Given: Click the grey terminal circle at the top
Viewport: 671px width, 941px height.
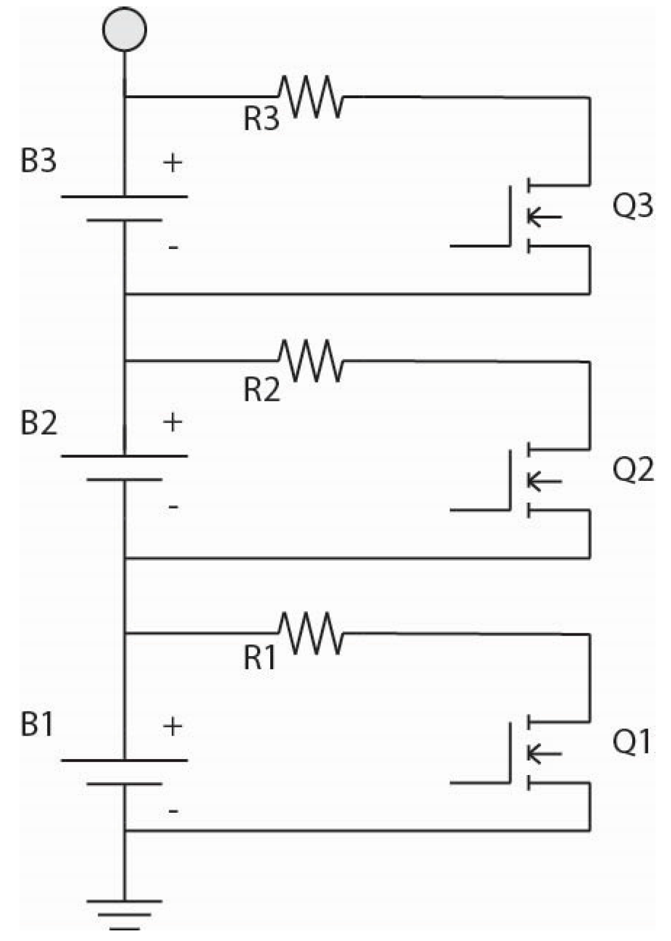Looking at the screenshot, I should tap(124, 29).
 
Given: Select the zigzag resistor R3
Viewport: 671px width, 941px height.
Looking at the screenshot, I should tap(310, 97).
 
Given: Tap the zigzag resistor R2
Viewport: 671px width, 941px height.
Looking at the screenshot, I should tap(310, 361).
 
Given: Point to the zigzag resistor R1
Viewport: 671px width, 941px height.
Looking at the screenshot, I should tap(310, 634).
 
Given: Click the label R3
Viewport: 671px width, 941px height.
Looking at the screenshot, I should tap(261, 119).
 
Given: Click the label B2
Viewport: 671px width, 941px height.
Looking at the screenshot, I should tap(39, 423).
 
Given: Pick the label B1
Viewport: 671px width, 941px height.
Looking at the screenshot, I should tap(38, 724).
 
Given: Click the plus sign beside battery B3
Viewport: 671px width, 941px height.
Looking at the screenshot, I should tap(172, 162).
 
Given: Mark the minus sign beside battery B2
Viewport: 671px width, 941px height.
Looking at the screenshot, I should tap(173, 506).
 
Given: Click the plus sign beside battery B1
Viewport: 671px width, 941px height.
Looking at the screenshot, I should tap(172, 727).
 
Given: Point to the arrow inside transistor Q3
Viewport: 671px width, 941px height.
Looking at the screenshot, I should tap(544, 217).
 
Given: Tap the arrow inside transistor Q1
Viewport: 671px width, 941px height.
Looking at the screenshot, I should tap(544, 753).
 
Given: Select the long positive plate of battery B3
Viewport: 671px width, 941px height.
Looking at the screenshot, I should tap(124, 196).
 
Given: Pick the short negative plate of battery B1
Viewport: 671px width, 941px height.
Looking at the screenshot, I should tap(124, 784).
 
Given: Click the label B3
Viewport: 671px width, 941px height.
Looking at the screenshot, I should tap(39, 161).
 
